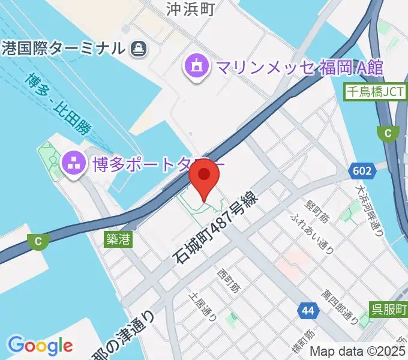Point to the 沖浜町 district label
190,8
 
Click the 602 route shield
362,171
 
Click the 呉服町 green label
388,310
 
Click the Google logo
40,345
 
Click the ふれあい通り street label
310,232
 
